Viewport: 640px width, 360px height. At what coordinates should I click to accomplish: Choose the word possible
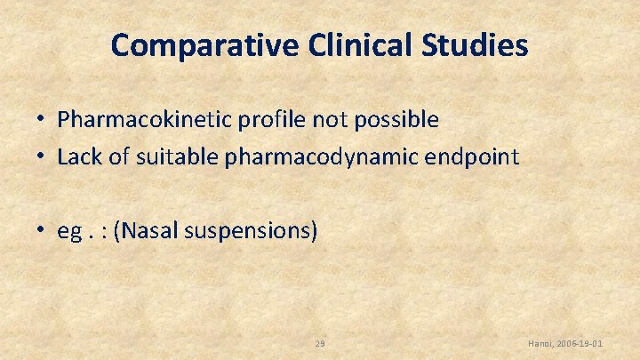pos(398,120)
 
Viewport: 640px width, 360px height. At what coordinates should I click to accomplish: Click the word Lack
pos(76,157)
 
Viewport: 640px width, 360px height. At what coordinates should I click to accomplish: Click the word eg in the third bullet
pos(68,233)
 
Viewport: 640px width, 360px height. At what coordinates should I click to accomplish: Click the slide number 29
pos(320,343)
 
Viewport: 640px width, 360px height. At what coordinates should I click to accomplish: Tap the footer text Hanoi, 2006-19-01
pos(565,343)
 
